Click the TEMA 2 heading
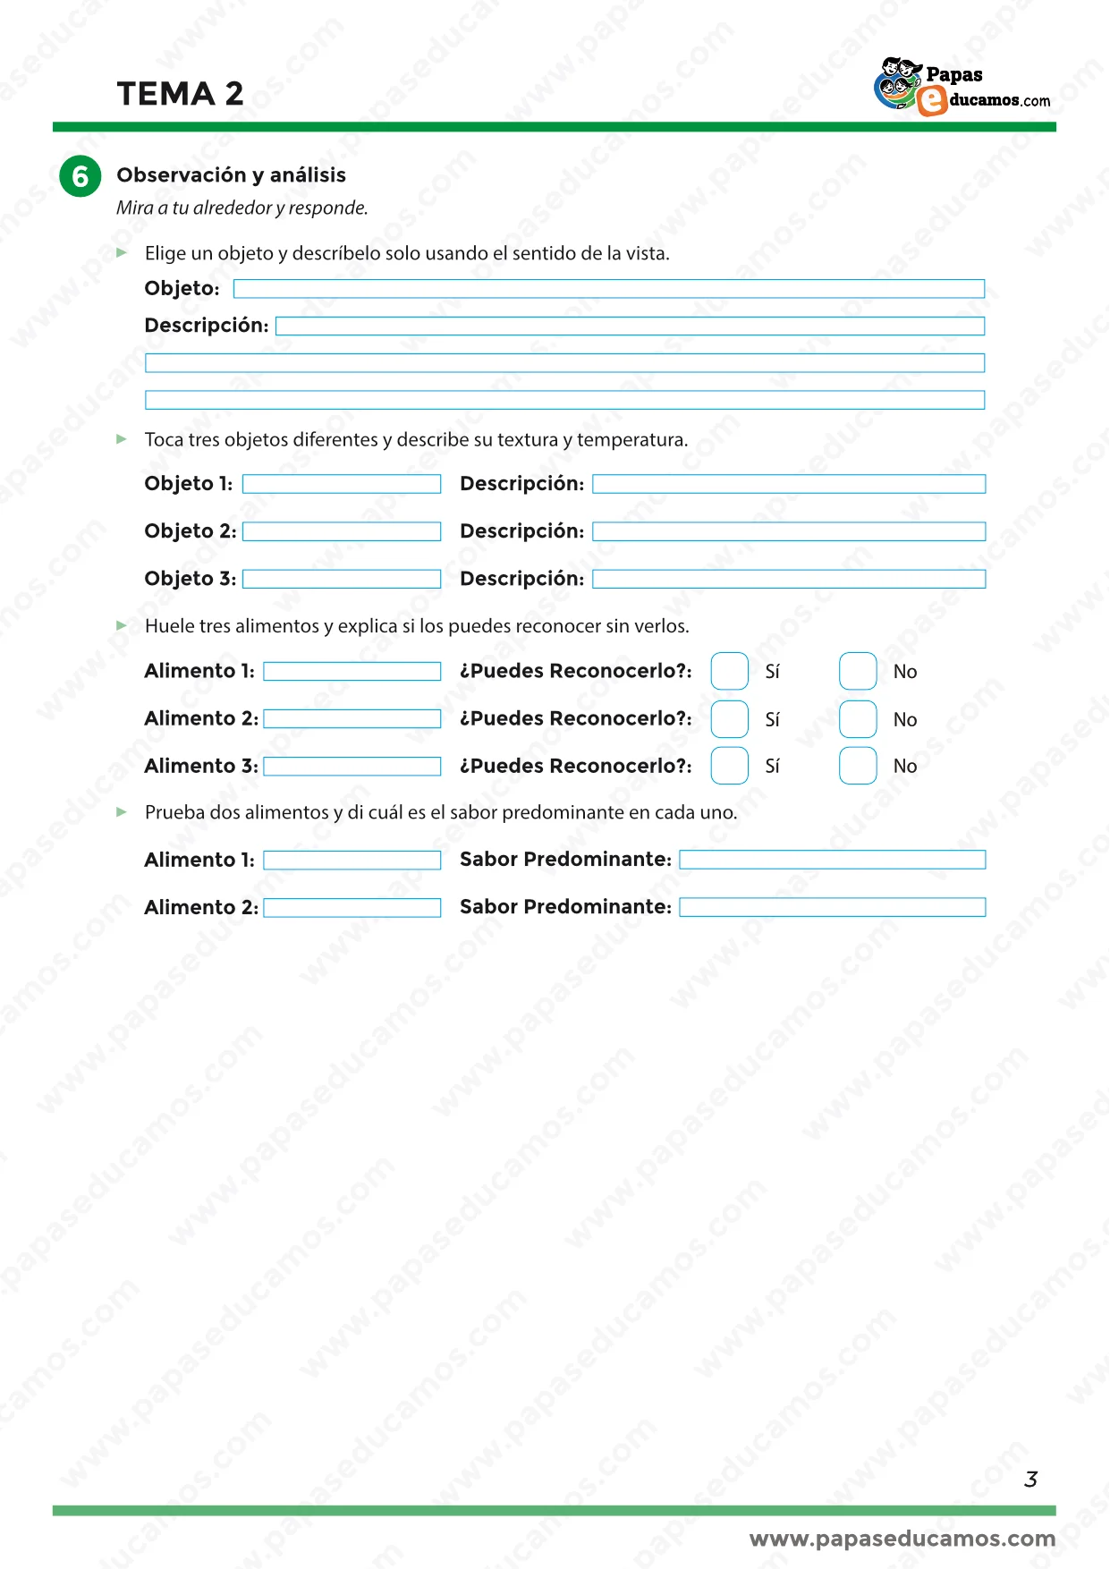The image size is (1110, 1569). pyautogui.click(x=180, y=94)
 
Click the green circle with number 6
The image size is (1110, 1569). pyautogui.click(x=80, y=175)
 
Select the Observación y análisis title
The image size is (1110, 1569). pyautogui.click(x=231, y=175)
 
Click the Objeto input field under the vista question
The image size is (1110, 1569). pyautogui.click(x=608, y=289)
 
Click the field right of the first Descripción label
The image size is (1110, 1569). pyautogui.click(x=630, y=327)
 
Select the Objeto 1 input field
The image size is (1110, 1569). pyautogui.click(x=342, y=484)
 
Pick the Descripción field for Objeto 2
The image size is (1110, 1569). pyautogui.click(x=789, y=531)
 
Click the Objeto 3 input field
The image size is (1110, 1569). pyautogui.click(x=342, y=579)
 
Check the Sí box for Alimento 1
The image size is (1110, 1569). pyautogui.click(x=730, y=672)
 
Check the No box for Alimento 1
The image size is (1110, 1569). pyautogui.click(x=858, y=672)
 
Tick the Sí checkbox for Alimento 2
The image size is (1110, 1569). pyautogui.click(x=730, y=719)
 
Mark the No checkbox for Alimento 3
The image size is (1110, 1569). pyautogui.click(x=858, y=766)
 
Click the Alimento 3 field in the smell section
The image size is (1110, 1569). pyautogui.click(x=352, y=767)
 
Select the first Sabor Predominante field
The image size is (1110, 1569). pyautogui.click(x=832, y=860)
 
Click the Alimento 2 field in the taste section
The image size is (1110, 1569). pyautogui.click(x=352, y=908)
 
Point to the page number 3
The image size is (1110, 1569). pyautogui.click(x=1030, y=1480)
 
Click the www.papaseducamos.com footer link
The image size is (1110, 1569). pyautogui.click(x=902, y=1539)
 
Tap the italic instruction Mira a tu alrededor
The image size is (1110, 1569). pyautogui.click(x=241, y=208)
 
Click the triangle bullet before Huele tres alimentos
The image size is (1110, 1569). pyautogui.click(x=123, y=626)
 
